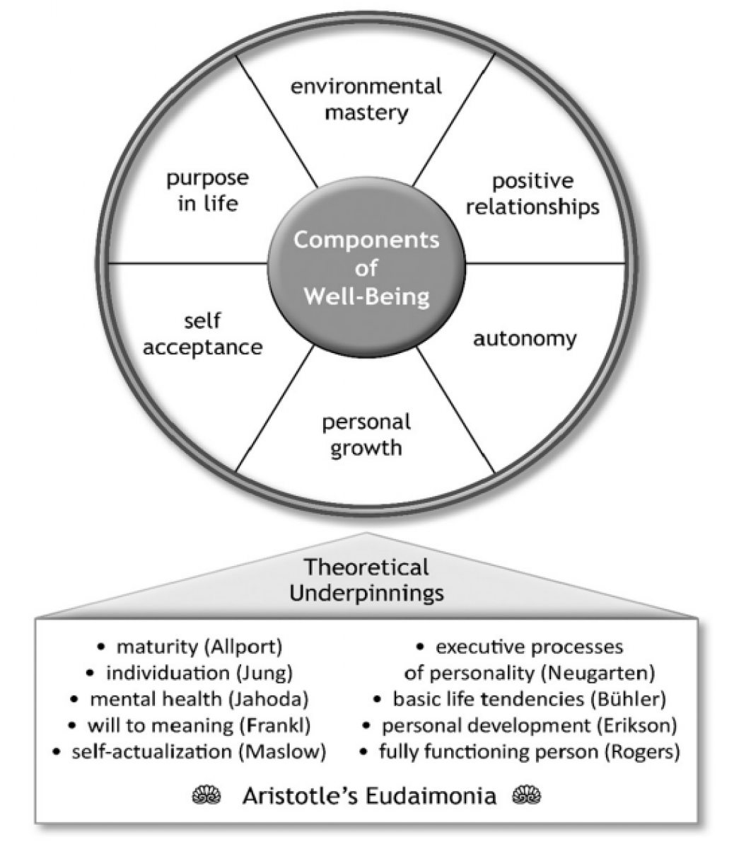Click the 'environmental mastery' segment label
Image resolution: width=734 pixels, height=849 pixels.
366,99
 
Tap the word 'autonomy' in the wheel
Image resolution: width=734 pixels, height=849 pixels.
525,338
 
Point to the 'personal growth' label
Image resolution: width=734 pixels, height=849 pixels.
366,434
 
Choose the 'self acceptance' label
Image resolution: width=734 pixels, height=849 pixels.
202,334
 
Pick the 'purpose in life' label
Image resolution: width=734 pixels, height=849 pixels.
207,190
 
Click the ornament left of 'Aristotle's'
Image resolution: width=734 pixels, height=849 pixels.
206,796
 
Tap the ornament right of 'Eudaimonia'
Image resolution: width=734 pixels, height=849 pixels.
527,796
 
